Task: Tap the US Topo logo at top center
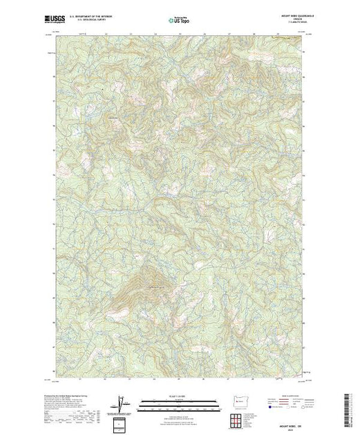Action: point(180,19)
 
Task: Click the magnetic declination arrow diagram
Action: point(122,402)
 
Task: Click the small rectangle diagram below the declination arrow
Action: point(122,422)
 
